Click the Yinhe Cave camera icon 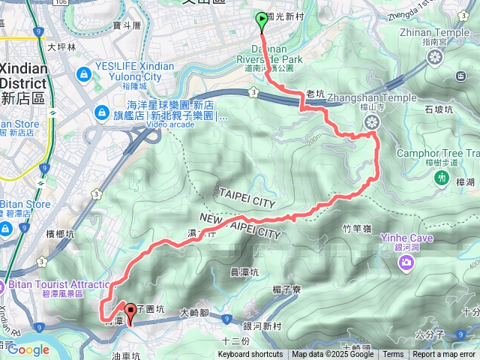tap(406, 262)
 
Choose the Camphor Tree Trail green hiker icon tap(440, 178)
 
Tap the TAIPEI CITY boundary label tap(248, 193)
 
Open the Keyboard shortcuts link tap(250, 355)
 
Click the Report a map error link tap(445, 355)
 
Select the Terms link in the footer tap(393, 355)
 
